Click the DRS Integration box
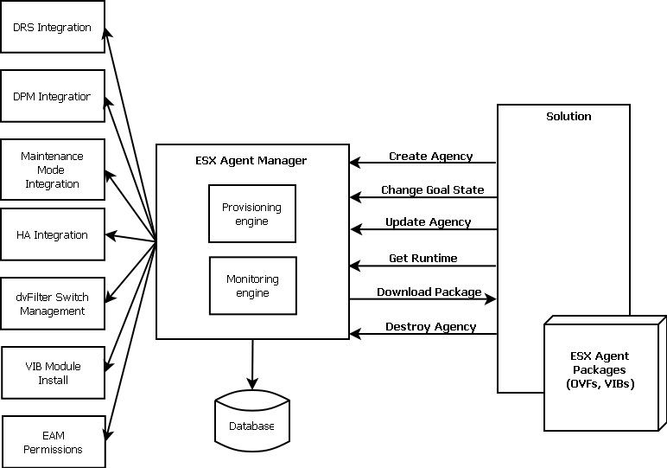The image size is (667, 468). coord(53,27)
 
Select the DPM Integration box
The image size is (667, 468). coord(53,96)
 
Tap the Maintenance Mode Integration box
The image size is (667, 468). coord(53,170)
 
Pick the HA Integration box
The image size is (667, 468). coord(53,234)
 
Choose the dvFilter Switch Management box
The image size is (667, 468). coord(53,304)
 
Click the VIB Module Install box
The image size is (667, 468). coord(54,373)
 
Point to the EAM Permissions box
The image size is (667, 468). coord(54,442)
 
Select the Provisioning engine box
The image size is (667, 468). coord(252,214)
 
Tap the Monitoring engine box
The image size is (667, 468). coord(253,285)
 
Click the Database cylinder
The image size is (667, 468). coord(252,420)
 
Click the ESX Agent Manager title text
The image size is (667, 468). coord(251,161)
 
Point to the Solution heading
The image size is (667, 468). coord(569,116)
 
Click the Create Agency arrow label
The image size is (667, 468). coord(431,157)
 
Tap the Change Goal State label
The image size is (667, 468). coord(433,190)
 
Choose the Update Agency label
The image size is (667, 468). coord(429,222)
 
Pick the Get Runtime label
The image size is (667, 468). coord(423,258)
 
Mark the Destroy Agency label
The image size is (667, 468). coord(431,327)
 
